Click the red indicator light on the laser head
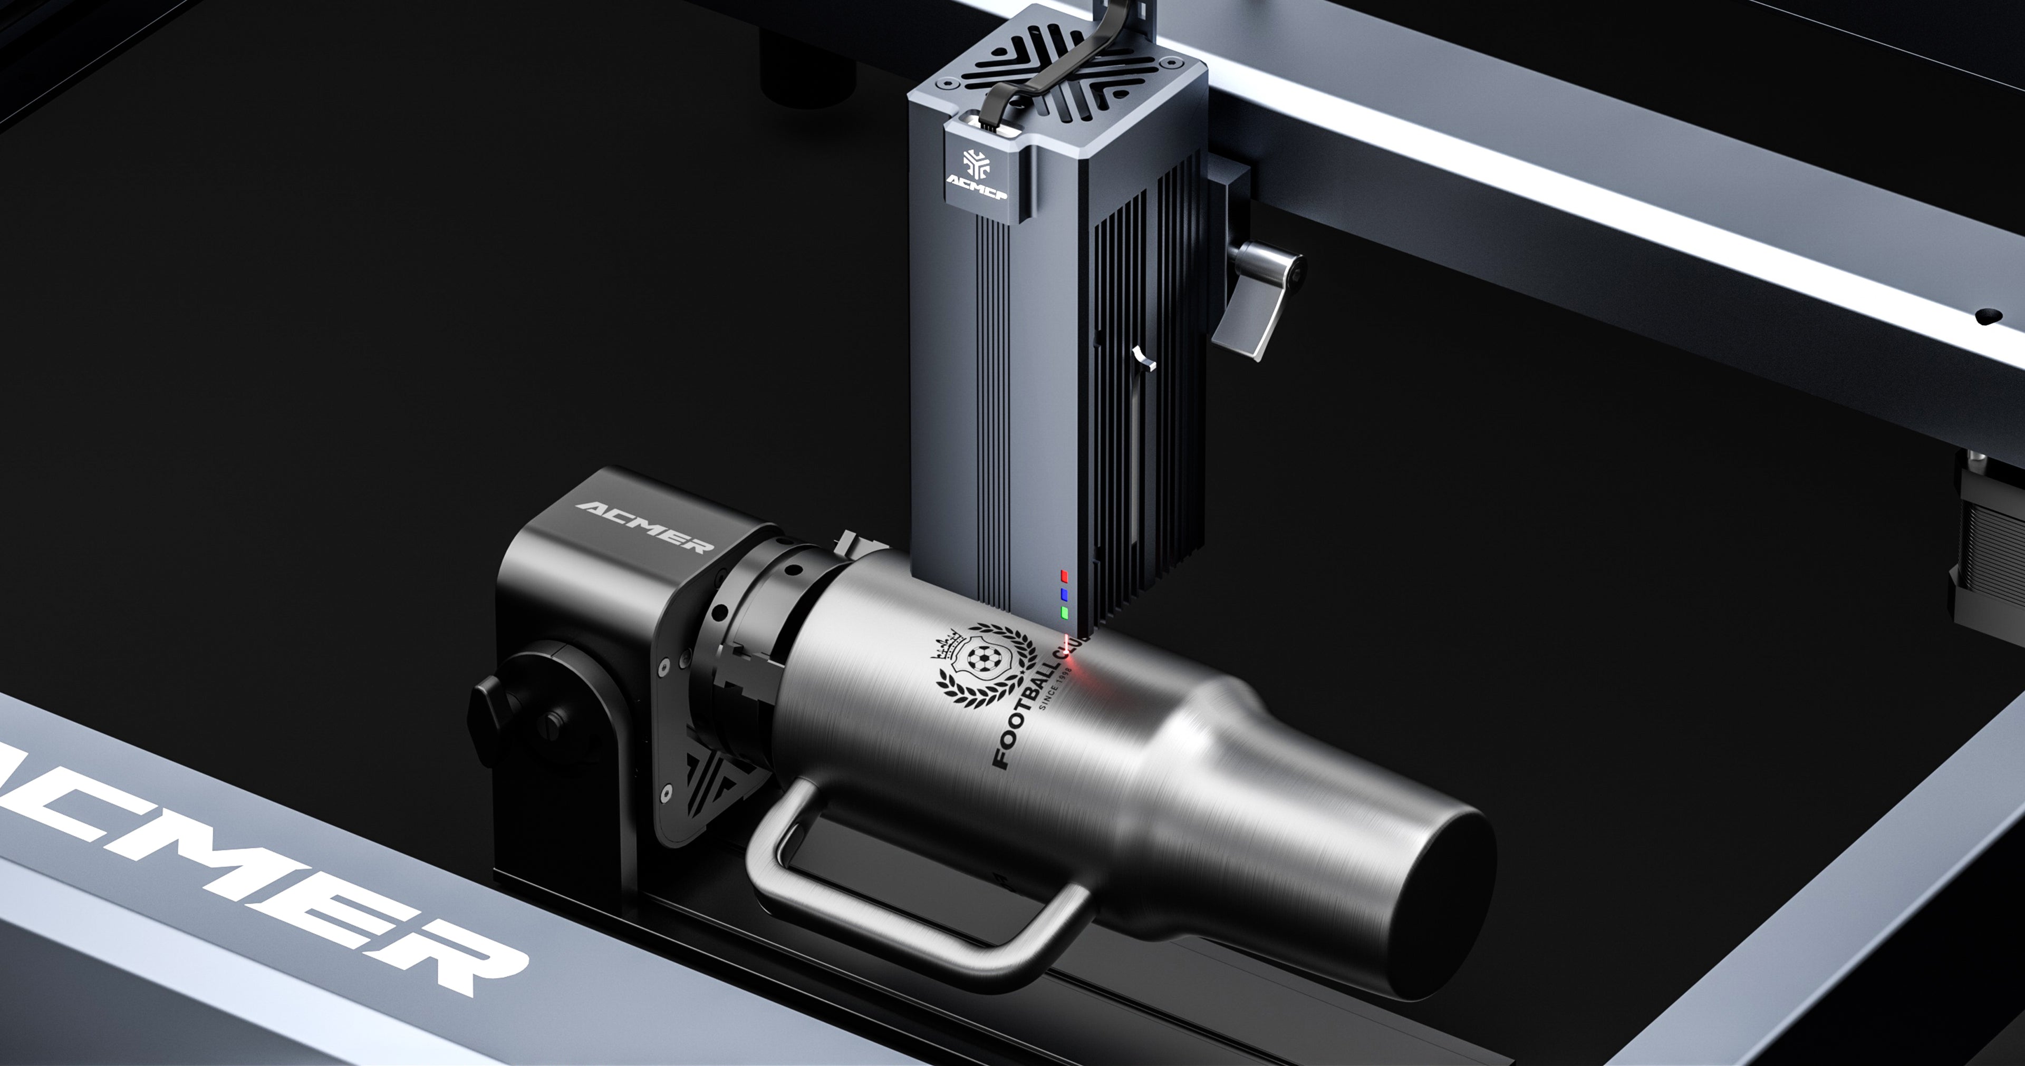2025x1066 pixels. point(1064,576)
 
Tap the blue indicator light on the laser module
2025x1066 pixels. point(1064,594)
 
